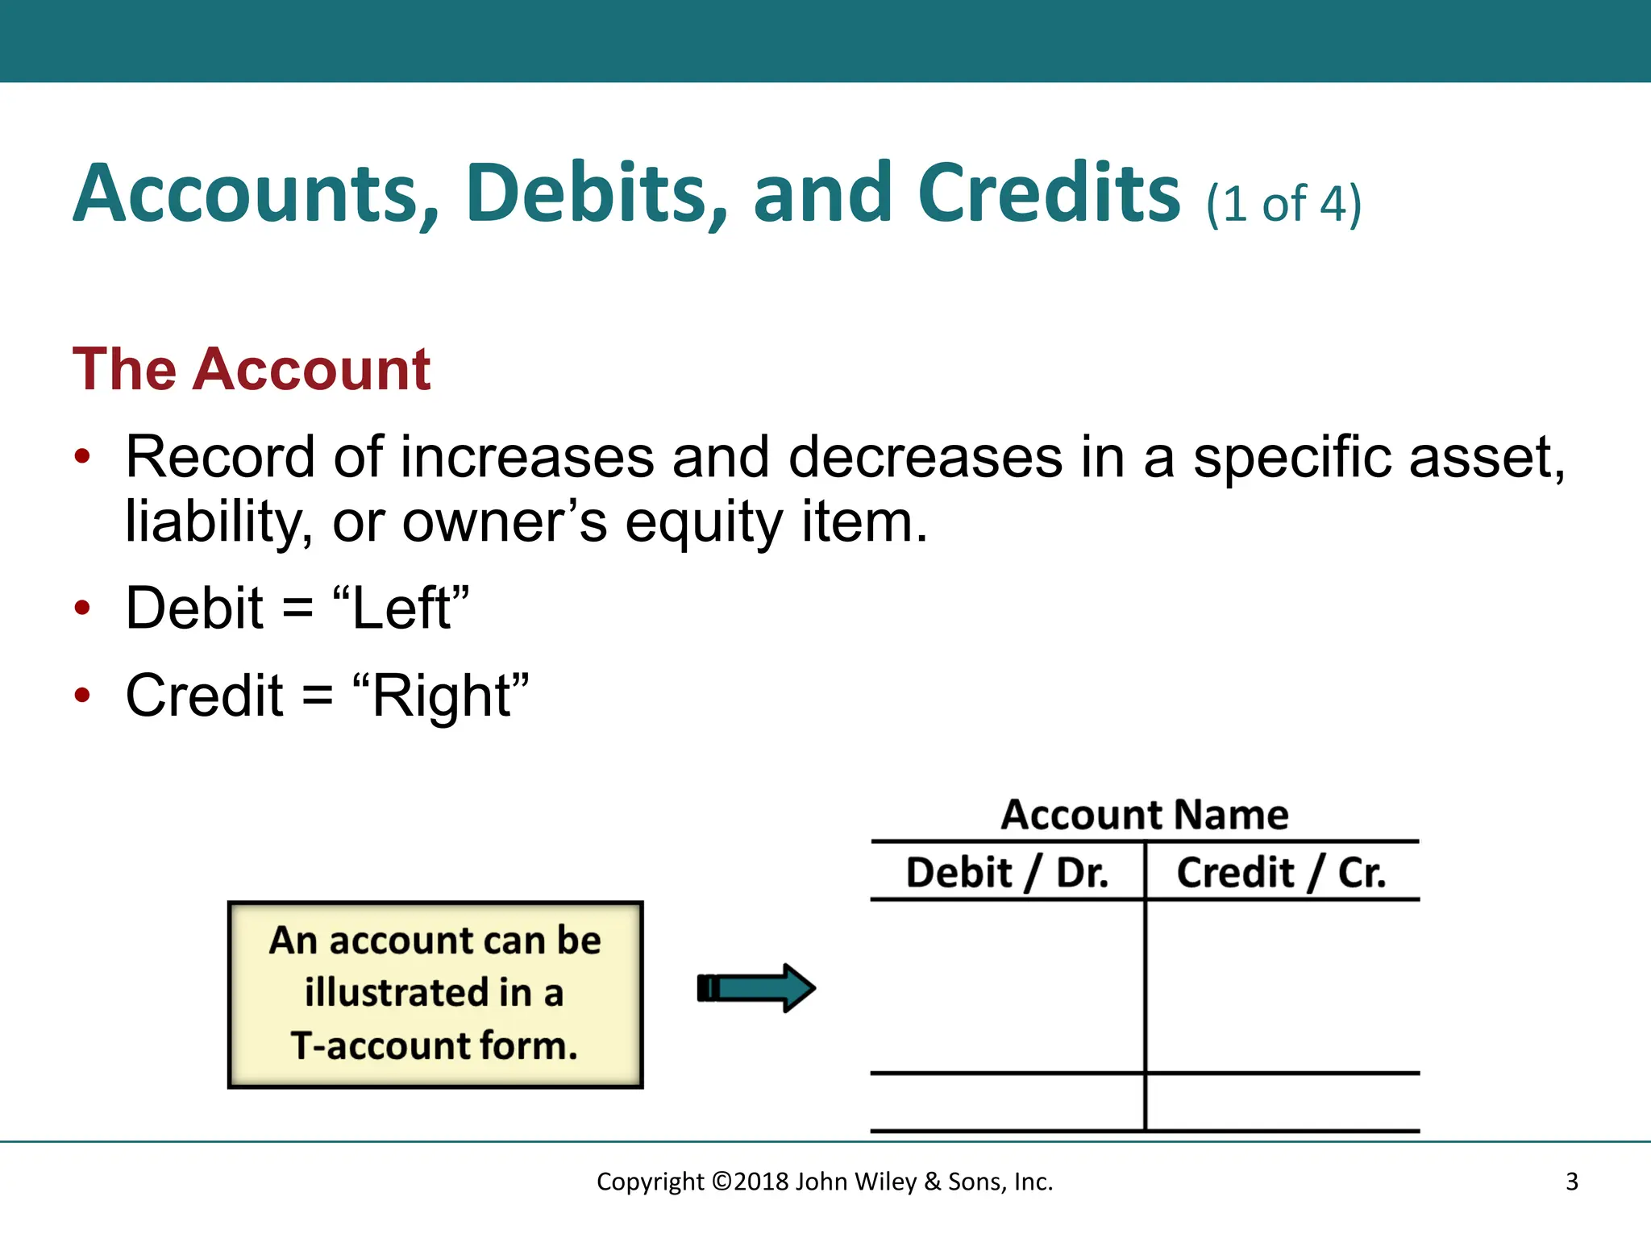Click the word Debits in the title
click(597, 193)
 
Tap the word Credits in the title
click(1048, 193)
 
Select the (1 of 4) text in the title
click(1283, 203)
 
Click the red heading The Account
click(252, 369)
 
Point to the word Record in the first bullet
click(219, 458)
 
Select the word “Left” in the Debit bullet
click(401, 608)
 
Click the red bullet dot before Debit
click(82, 608)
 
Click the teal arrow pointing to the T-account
click(756, 987)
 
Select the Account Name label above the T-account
click(1145, 814)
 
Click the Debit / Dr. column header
click(1007, 873)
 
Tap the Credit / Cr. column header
click(1281, 873)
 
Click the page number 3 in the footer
click(1571, 1182)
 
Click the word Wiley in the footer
click(884, 1182)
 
